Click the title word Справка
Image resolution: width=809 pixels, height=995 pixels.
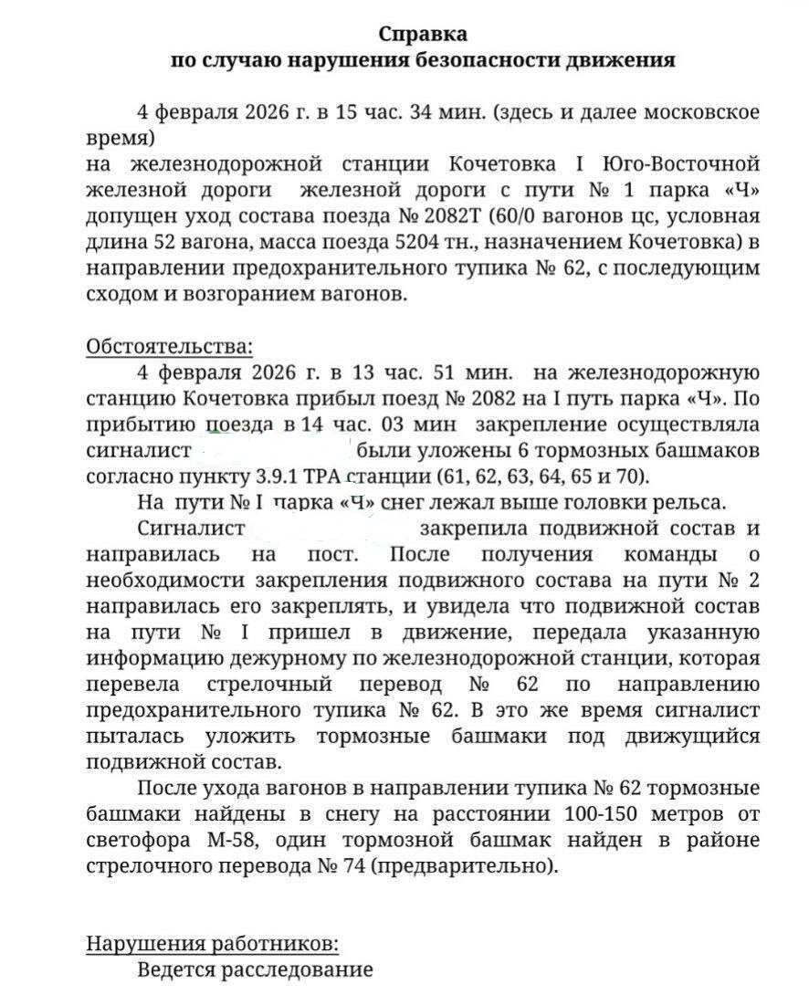(x=423, y=35)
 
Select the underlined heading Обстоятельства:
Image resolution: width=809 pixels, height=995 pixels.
(x=169, y=348)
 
